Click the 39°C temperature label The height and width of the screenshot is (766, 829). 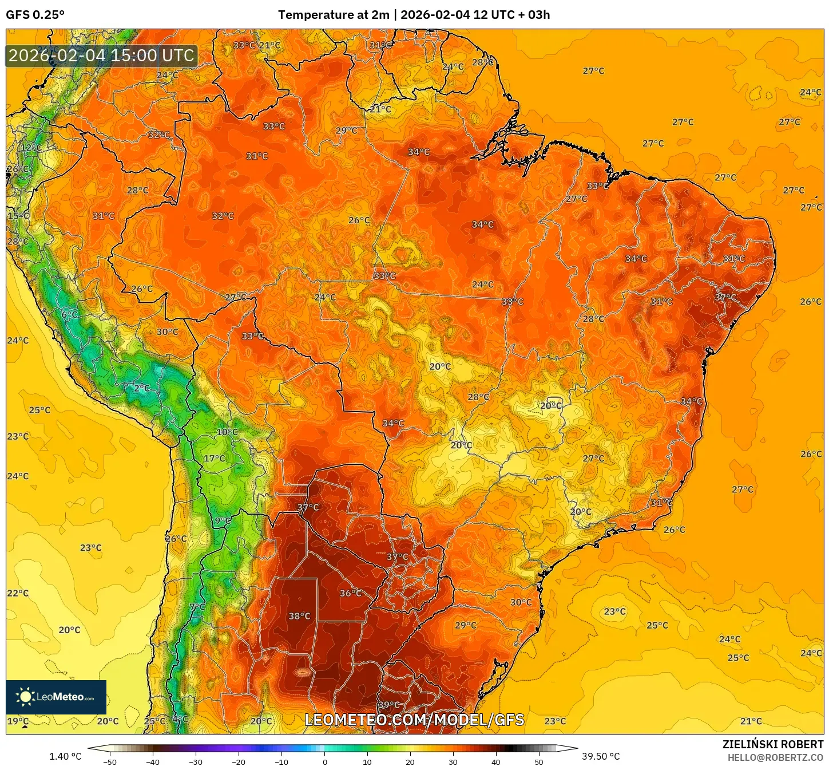coord(388,705)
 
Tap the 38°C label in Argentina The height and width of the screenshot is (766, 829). coord(299,616)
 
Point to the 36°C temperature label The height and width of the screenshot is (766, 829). coord(350,593)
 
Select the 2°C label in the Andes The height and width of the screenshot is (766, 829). coord(142,388)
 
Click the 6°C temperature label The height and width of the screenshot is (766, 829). coord(69,315)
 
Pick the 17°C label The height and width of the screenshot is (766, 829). coord(215,459)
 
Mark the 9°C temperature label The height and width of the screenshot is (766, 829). coord(223,521)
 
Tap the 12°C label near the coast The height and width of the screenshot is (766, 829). coord(31,148)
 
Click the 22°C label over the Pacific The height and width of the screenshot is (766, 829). coord(18,593)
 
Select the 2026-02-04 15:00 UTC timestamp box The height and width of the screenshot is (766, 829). coord(101,56)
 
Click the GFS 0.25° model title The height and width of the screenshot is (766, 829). coord(35,15)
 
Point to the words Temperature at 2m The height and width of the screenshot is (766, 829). coord(334,15)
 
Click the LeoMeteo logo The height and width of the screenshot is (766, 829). coord(56,697)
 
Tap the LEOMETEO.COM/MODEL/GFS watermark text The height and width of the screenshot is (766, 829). coord(414,720)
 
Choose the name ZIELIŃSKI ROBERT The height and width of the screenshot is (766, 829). coord(772,744)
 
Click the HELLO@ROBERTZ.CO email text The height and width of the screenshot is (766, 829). coord(775,757)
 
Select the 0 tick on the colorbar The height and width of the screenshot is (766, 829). coord(324,761)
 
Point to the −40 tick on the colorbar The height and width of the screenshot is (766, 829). coord(152,761)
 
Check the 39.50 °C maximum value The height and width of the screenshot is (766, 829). coord(601,756)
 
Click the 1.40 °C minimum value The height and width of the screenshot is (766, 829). coord(65,756)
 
